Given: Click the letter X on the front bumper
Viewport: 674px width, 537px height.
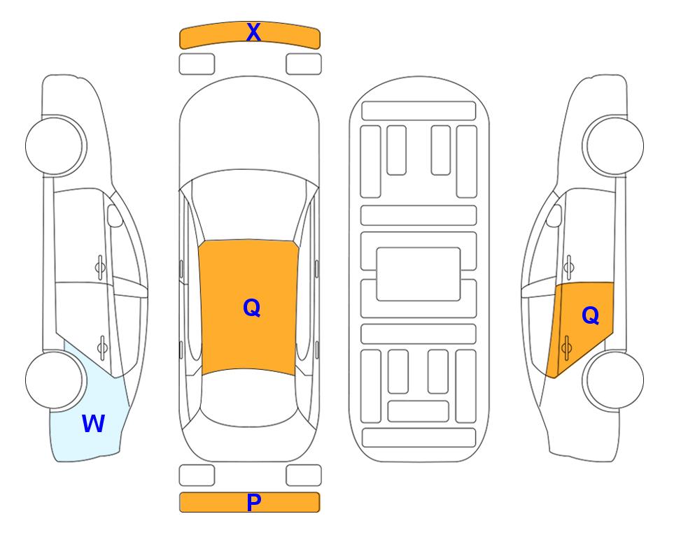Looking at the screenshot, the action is (x=253, y=32).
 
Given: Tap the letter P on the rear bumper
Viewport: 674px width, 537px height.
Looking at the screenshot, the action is (x=253, y=502).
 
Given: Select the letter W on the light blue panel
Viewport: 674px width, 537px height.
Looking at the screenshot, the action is (x=93, y=424).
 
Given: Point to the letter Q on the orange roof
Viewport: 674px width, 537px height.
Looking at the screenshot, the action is (x=252, y=308).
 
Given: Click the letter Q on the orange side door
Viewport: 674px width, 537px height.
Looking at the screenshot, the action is (x=590, y=316).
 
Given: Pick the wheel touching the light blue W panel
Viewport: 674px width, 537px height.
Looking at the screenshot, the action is (x=55, y=380).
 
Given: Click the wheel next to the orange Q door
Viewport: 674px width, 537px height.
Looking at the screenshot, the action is (x=613, y=380).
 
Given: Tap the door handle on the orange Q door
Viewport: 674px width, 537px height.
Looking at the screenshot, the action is (x=566, y=348).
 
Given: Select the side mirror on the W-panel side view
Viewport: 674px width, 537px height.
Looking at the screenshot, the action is (x=114, y=215).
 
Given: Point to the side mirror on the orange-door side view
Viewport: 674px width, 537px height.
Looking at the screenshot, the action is (x=554, y=215).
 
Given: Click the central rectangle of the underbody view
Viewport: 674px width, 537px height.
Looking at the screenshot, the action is (x=419, y=274).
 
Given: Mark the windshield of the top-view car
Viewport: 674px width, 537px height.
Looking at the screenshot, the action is (x=249, y=205).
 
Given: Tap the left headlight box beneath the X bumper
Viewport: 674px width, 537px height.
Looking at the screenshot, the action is (x=197, y=64).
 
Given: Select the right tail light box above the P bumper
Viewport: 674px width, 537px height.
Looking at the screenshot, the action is (x=304, y=475).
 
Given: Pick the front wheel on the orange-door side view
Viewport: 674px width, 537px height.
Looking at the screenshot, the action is (x=613, y=145).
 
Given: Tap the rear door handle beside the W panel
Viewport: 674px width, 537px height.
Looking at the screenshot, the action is (x=101, y=348).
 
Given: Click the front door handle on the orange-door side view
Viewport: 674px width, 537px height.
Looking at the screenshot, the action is (x=568, y=268).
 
